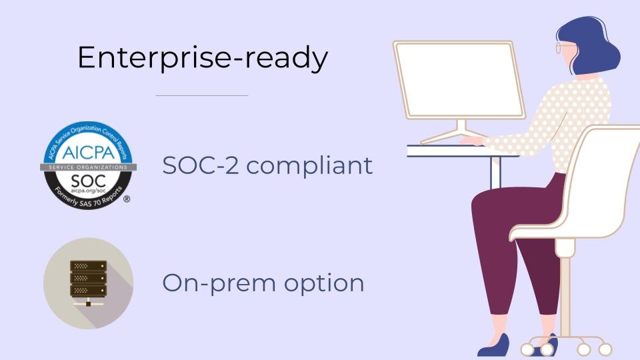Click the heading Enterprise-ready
(203, 58)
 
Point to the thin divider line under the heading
(202, 95)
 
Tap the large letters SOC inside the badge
(88, 179)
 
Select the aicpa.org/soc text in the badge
(88, 190)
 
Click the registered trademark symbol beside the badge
(127, 199)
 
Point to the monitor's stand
(460, 129)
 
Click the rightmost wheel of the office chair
(605, 349)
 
